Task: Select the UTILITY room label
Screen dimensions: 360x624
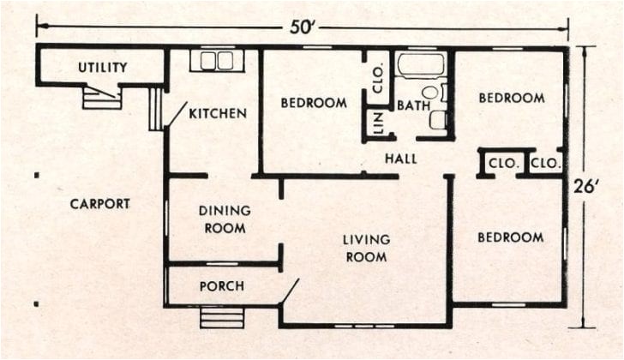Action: point(103,67)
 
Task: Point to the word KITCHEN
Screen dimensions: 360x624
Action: point(218,113)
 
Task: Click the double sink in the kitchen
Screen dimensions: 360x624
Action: point(217,60)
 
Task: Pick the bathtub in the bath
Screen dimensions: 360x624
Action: point(420,65)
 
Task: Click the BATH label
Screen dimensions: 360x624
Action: point(412,105)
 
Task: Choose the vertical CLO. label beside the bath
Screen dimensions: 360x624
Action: point(378,71)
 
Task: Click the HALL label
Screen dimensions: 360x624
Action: point(401,159)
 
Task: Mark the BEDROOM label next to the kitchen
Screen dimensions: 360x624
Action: point(314,103)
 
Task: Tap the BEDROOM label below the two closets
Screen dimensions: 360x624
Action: point(511,237)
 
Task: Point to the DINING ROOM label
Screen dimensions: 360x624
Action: point(225,219)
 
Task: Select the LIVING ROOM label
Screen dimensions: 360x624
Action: point(366,248)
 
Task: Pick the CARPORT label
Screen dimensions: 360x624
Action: point(100,204)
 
